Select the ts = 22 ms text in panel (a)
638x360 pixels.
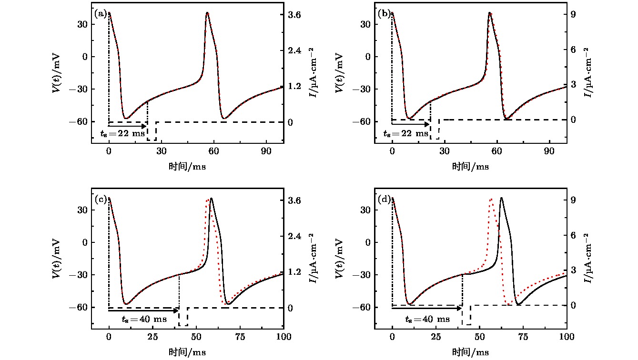(x=122, y=134)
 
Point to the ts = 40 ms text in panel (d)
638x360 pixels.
(x=427, y=319)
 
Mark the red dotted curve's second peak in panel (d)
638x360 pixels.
(x=491, y=199)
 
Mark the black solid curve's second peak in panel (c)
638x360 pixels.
(x=211, y=199)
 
